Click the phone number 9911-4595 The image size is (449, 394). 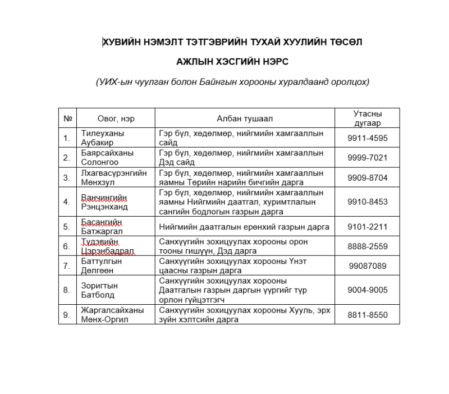pyautogui.click(x=367, y=138)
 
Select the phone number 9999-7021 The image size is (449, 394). pyautogui.click(x=367, y=158)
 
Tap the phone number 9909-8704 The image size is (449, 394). pyautogui.click(x=367, y=178)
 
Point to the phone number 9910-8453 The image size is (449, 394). pyautogui.click(x=367, y=202)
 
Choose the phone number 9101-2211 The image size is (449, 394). pyautogui.click(x=367, y=227)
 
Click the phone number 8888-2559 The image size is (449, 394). pyautogui.click(x=367, y=246)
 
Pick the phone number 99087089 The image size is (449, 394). pyautogui.click(x=367, y=266)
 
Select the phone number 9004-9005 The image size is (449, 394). pyautogui.click(x=367, y=290)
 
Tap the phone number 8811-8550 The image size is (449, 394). pyautogui.click(x=367, y=315)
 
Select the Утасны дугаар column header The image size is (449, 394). pyautogui.click(x=367, y=118)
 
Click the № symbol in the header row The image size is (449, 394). pyautogui.click(x=67, y=118)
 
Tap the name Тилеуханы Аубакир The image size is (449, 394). pyautogui.click(x=103, y=138)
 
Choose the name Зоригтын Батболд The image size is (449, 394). pyautogui.click(x=98, y=290)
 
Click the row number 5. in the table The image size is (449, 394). pyautogui.click(x=66, y=227)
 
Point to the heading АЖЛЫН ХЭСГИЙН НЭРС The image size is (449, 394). pyautogui.click(x=232, y=61)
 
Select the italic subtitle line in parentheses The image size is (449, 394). pyautogui.click(x=232, y=82)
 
